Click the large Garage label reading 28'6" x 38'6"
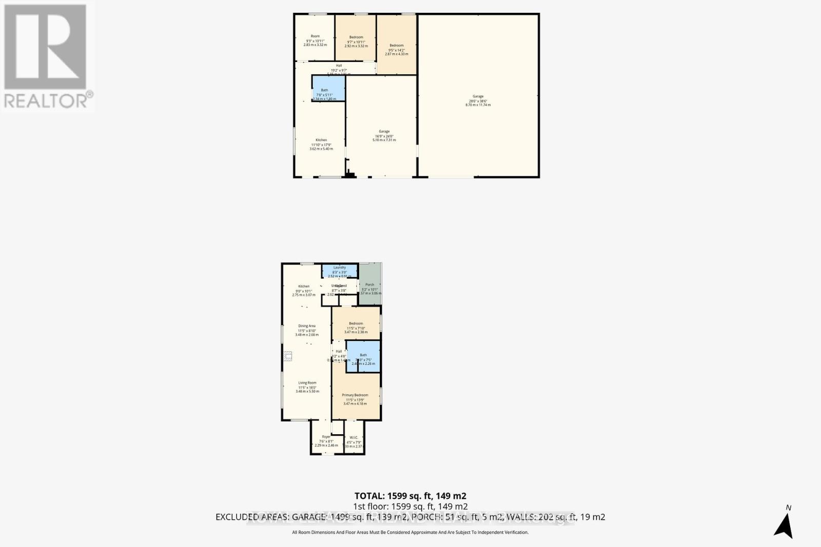tap(478, 100)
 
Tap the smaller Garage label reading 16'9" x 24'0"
tap(384, 135)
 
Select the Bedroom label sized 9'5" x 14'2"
tap(396, 49)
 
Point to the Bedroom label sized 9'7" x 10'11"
tap(356, 41)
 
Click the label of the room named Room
tap(315, 40)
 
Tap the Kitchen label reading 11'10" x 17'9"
tap(321, 144)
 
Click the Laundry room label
tap(339, 271)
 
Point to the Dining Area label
tap(307, 330)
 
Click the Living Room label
tap(307, 387)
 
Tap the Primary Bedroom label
tap(355, 399)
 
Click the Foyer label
tap(326, 441)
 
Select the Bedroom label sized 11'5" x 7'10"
tap(356, 328)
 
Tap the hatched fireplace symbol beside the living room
tap(288, 355)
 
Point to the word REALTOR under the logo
tap(46, 100)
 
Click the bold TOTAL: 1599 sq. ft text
tap(410, 496)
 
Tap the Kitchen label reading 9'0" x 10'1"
tap(304, 290)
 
